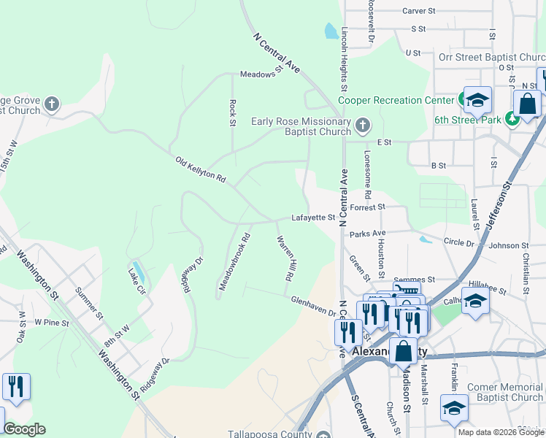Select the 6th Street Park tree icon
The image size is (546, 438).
point(513,119)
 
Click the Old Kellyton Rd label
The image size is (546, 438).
point(201,169)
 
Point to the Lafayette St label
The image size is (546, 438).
point(312,217)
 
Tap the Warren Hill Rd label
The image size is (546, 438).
point(286,258)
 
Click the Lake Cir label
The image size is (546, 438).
point(136,280)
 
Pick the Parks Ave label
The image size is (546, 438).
point(367,234)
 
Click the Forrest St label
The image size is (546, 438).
point(367,207)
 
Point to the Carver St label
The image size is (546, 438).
point(418,11)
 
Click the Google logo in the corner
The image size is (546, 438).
point(24,429)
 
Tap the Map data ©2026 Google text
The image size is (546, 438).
point(500,432)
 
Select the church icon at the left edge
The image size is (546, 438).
point(51,104)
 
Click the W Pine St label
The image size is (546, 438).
point(51,322)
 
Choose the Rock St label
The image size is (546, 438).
point(232,112)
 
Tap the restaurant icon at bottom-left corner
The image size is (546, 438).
point(16,387)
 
